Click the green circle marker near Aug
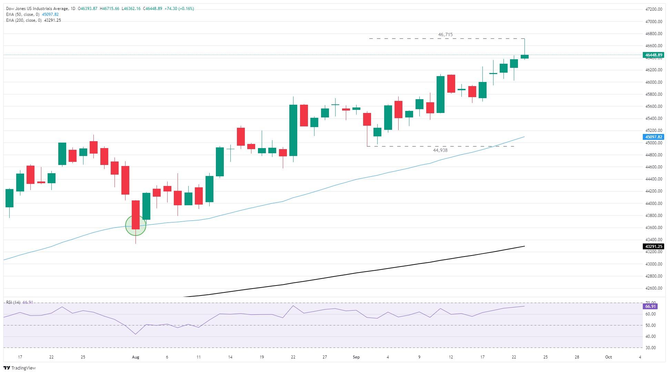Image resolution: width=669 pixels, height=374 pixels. [x=136, y=225]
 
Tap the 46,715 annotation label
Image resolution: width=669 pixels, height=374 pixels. [x=445, y=34]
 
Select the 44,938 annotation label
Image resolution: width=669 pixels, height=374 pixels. [x=440, y=150]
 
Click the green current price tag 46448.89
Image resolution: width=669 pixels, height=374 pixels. [x=653, y=55]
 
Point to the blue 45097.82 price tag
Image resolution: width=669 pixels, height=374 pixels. [x=653, y=137]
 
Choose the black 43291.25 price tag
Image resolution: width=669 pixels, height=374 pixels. [x=653, y=247]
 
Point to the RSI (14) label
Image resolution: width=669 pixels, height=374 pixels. [x=13, y=302]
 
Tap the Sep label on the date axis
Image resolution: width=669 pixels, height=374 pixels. [x=356, y=357]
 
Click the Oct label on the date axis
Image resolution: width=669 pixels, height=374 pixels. [x=608, y=357]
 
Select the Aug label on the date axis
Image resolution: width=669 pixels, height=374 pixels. [x=136, y=357]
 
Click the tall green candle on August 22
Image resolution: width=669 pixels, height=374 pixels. [x=293, y=130]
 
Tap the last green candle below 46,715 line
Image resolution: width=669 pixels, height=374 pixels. [x=525, y=56]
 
